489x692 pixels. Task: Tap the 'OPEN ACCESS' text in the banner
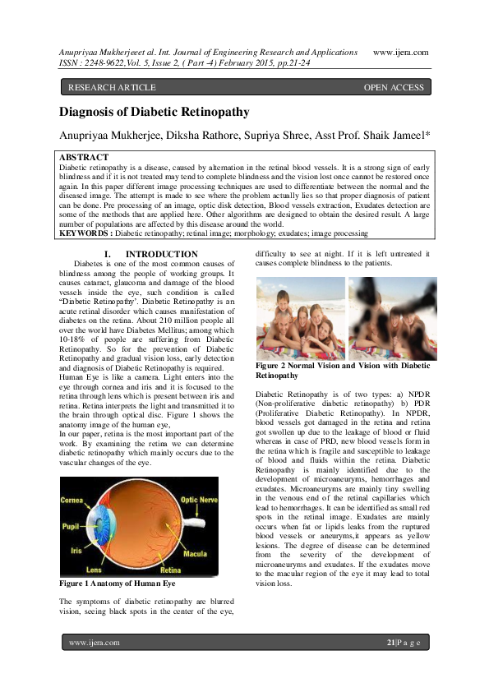pos(394,86)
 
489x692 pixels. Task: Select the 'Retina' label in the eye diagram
pos(170,568)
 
